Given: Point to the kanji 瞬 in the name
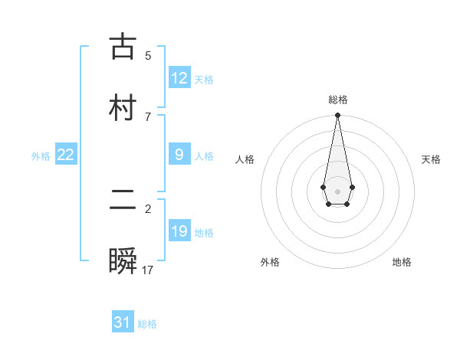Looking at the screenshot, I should click(123, 260).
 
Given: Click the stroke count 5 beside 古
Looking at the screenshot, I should click(148, 55).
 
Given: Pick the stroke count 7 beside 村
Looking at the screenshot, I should click(148, 116).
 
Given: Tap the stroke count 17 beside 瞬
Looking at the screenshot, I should click(148, 270).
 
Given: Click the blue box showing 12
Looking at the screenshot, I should click(179, 78).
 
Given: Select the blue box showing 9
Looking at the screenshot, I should click(179, 155).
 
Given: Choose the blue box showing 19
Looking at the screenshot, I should click(179, 231).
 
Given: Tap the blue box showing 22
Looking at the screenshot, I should click(66, 155).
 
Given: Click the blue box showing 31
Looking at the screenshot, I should click(123, 322).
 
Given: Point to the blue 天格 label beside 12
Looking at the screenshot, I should click(204, 79).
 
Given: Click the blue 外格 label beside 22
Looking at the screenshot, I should click(41, 155).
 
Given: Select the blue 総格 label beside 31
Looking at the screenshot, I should click(147, 323).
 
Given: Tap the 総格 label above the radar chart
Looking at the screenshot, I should click(337, 100).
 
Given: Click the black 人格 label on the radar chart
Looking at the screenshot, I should click(245, 159).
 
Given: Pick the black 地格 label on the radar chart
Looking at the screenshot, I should click(402, 262).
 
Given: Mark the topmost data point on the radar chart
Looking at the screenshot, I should click(337, 116).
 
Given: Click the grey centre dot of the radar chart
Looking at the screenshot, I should click(337, 190).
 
